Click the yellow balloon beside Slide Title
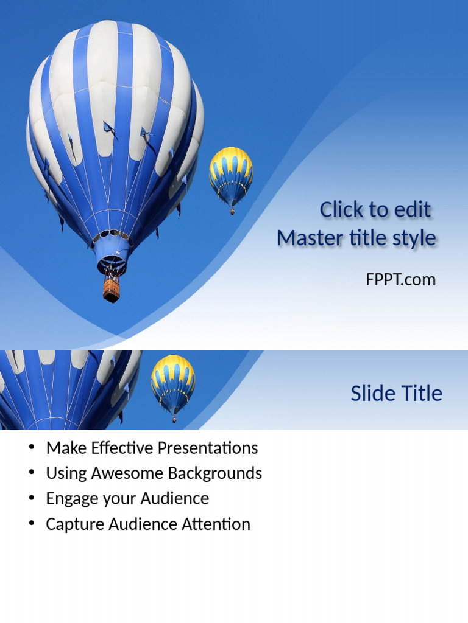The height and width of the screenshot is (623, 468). [x=173, y=382]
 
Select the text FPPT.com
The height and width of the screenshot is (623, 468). [x=400, y=279]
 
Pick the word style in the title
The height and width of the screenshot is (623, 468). [x=414, y=238]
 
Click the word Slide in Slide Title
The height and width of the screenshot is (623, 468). [x=371, y=394]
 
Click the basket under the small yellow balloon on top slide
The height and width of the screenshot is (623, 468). [x=232, y=211]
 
